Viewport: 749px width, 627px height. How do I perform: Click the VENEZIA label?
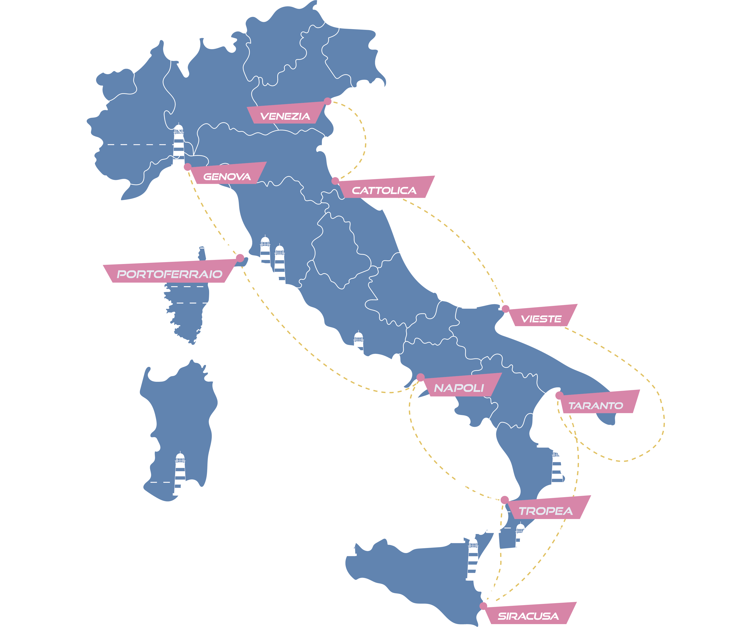[x=285, y=116]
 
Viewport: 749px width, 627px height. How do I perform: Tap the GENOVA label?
[x=227, y=177]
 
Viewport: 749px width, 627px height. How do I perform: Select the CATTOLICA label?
[x=384, y=191]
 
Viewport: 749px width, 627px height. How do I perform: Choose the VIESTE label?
[x=541, y=319]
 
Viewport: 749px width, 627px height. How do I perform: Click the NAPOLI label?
[x=459, y=388]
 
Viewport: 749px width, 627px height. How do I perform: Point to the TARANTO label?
[x=596, y=406]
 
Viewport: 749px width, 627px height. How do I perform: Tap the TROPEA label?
[x=546, y=511]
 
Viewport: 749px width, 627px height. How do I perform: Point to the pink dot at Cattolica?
[x=335, y=181]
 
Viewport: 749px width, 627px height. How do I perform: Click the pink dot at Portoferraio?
[x=240, y=258]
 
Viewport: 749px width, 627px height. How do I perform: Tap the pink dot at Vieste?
[x=505, y=309]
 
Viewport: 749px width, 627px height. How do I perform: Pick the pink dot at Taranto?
[x=559, y=395]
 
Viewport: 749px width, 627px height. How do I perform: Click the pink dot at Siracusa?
[x=483, y=606]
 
